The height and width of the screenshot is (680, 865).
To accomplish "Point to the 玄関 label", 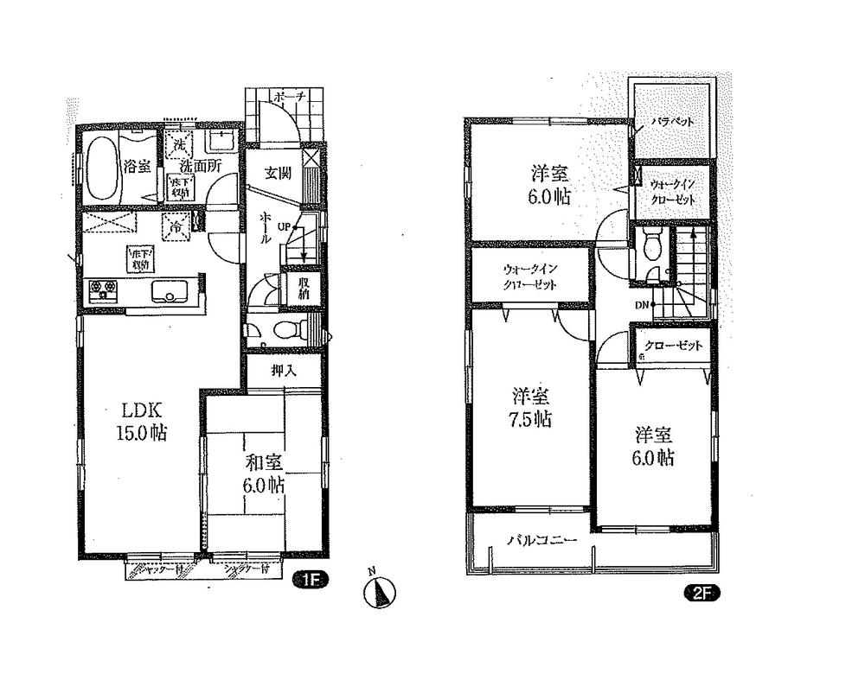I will [277, 171].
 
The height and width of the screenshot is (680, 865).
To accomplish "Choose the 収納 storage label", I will [304, 289].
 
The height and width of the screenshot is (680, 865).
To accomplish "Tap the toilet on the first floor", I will [288, 329].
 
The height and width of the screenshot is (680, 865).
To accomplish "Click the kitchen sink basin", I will [169, 291].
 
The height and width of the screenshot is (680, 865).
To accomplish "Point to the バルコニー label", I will [541, 540].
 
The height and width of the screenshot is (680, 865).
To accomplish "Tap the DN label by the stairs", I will [643, 305].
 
